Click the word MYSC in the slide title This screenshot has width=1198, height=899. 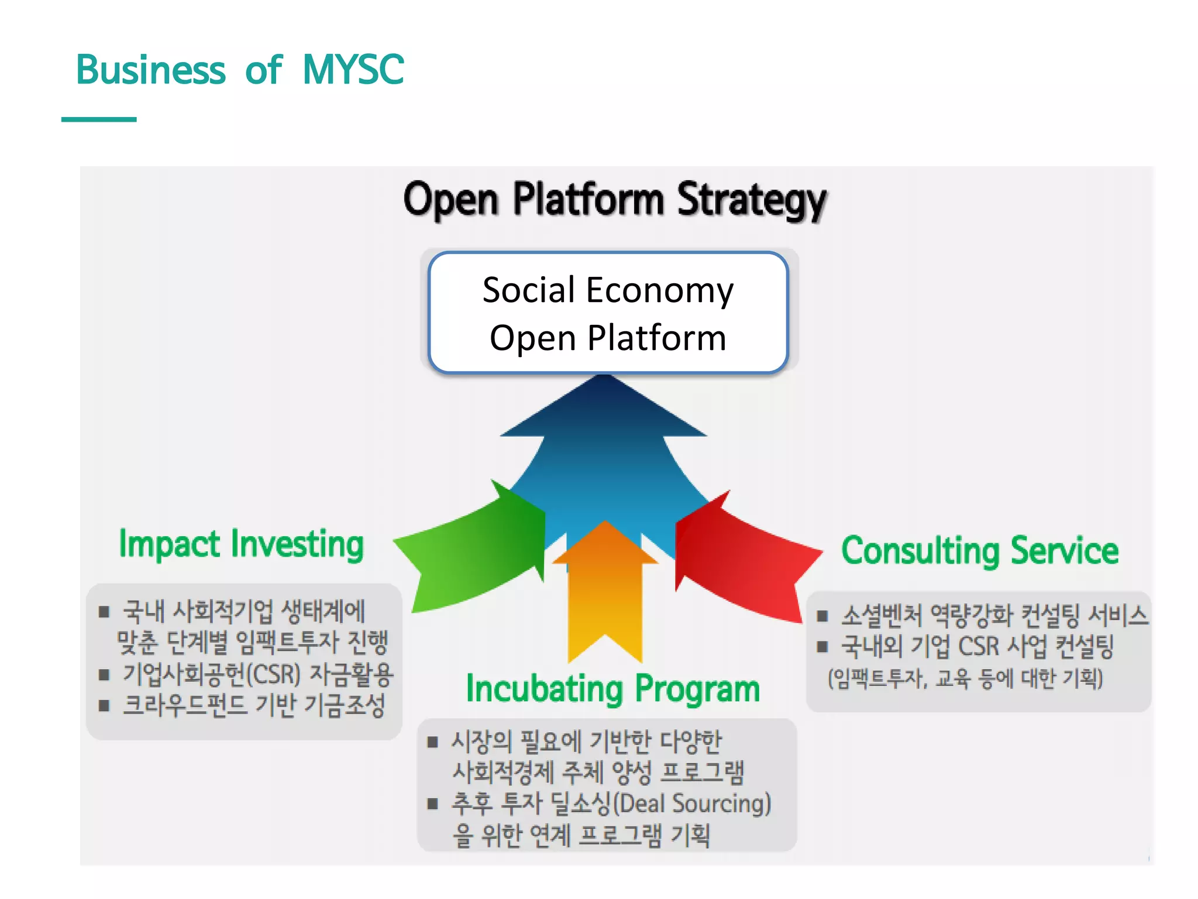pos(353,70)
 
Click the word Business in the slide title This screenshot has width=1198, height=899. pos(150,70)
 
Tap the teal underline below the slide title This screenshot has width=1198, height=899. pos(99,119)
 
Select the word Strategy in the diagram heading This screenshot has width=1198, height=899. pos(751,201)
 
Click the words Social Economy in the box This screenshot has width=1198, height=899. pos(608,290)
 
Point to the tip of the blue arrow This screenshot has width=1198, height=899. pos(604,379)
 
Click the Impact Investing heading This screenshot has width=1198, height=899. pos(241,544)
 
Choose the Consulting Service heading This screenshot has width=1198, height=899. pos(980,551)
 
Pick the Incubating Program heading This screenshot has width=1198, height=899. pos(612,689)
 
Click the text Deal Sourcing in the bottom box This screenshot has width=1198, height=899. pos(691,804)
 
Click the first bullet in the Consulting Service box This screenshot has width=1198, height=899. pos(822,615)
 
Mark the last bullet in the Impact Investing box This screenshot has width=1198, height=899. pos(104,705)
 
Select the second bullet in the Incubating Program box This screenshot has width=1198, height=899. pos(433,804)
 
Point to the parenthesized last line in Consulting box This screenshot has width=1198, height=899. pos(965,678)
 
